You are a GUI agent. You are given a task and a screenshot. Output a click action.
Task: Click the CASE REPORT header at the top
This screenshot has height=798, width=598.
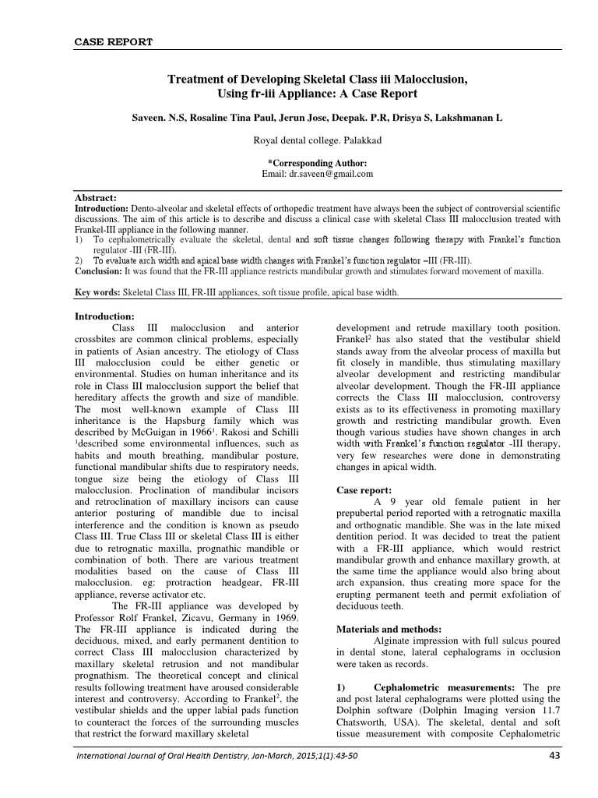113,41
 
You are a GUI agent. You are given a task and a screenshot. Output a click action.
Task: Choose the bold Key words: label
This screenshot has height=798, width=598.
97,293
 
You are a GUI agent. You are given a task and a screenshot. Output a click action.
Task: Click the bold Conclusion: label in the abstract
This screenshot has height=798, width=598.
102,272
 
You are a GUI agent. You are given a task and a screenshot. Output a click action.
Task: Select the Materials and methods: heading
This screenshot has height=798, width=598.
388,628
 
